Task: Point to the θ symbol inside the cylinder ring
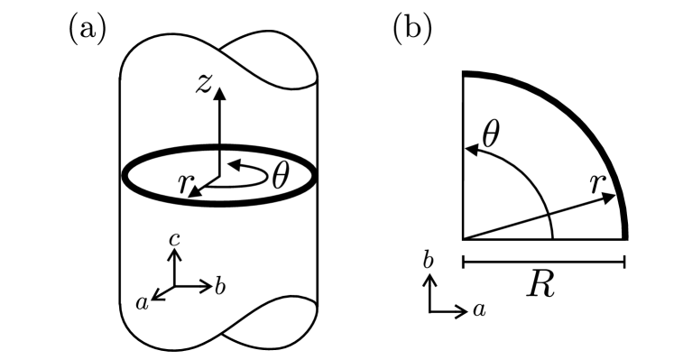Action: (x=281, y=174)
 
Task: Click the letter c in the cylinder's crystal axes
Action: (x=177, y=239)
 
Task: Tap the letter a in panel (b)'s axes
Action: (x=480, y=310)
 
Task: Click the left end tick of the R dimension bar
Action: (x=463, y=263)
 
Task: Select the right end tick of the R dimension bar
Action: (x=624, y=263)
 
